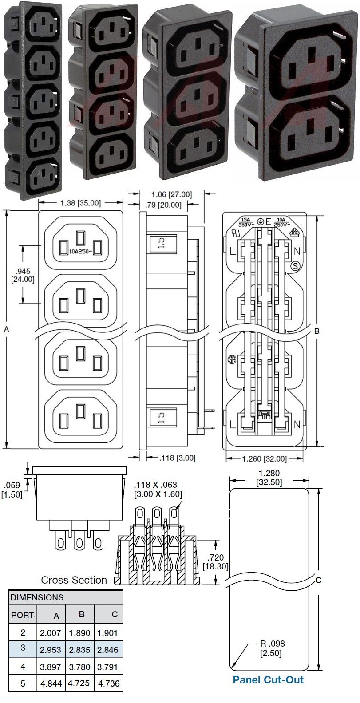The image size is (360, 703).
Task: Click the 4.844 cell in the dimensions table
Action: point(51,683)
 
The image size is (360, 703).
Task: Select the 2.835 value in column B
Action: point(79,650)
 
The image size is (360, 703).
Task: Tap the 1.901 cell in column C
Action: point(107,633)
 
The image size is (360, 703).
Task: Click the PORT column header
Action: point(22,615)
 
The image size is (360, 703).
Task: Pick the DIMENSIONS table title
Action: point(37,597)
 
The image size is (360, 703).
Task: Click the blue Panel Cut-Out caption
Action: point(268,680)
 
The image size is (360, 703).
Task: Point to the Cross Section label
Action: point(74,580)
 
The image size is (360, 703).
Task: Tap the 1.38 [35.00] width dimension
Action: point(81,203)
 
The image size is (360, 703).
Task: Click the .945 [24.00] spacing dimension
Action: point(23,275)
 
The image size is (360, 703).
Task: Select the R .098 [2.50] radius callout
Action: point(272,648)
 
